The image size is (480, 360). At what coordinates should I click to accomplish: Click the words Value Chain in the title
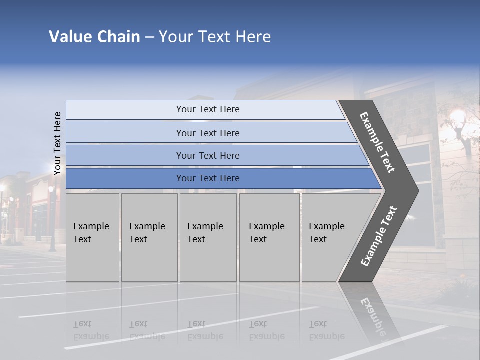pyautogui.click(x=94, y=37)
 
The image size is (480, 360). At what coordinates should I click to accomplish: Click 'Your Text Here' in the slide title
pyautogui.click(x=215, y=37)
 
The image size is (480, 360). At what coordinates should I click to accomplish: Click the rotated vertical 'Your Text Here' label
pyautogui.click(x=57, y=143)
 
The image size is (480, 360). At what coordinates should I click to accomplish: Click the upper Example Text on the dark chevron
pyautogui.click(x=377, y=142)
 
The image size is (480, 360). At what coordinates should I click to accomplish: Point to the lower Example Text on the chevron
pyautogui.click(x=379, y=236)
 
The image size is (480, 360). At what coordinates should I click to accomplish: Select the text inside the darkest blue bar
pyautogui.click(x=208, y=178)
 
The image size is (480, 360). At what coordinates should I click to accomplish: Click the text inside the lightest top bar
pyautogui.click(x=208, y=109)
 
